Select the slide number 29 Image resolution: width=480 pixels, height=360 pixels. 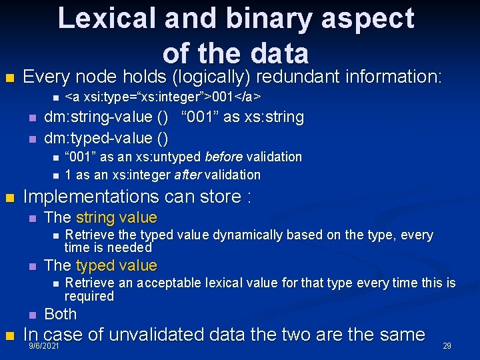point(447,346)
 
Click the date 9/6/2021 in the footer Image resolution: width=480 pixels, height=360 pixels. point(45,347)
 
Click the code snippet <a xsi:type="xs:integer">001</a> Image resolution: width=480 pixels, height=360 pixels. point(163,97)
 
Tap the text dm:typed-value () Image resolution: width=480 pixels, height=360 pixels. point(105,138)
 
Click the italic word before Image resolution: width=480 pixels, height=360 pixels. point(223,157)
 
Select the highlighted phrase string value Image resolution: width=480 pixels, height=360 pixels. point(117,217)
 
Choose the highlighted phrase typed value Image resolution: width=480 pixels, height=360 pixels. point(117,266)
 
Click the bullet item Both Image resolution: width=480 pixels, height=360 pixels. point(60,314)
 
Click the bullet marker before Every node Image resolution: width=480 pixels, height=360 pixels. point(9,78)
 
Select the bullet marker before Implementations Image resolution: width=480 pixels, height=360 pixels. point(9,198)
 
